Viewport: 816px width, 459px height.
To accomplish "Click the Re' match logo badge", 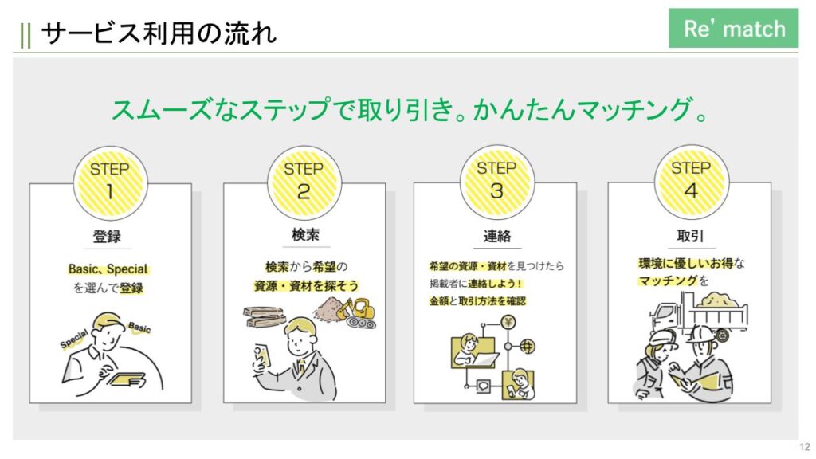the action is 733,28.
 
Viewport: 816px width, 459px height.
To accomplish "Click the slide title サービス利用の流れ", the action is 159,33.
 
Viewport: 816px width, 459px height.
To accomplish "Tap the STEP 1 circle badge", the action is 110,182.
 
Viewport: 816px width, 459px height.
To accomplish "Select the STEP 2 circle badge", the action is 304,182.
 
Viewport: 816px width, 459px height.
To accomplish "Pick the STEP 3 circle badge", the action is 497,182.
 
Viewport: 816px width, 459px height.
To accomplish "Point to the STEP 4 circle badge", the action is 691,182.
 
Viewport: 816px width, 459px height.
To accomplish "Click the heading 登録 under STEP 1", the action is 107,237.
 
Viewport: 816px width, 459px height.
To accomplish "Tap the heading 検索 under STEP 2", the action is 305,235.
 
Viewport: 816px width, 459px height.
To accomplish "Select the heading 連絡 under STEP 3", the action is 497,236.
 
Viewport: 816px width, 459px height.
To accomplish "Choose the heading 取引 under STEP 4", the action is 690,236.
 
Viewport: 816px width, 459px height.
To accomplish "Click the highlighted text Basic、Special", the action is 108,269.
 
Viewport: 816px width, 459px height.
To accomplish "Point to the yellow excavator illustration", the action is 356,313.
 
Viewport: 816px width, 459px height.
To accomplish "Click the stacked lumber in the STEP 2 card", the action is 265,316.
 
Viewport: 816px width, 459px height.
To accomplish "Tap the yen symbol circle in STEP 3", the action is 508,322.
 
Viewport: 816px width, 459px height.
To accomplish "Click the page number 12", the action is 805,447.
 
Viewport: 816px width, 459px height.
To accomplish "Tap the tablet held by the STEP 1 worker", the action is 127,380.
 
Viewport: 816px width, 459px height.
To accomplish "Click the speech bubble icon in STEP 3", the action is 483,386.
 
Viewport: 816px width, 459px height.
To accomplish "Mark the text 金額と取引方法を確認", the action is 477,300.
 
